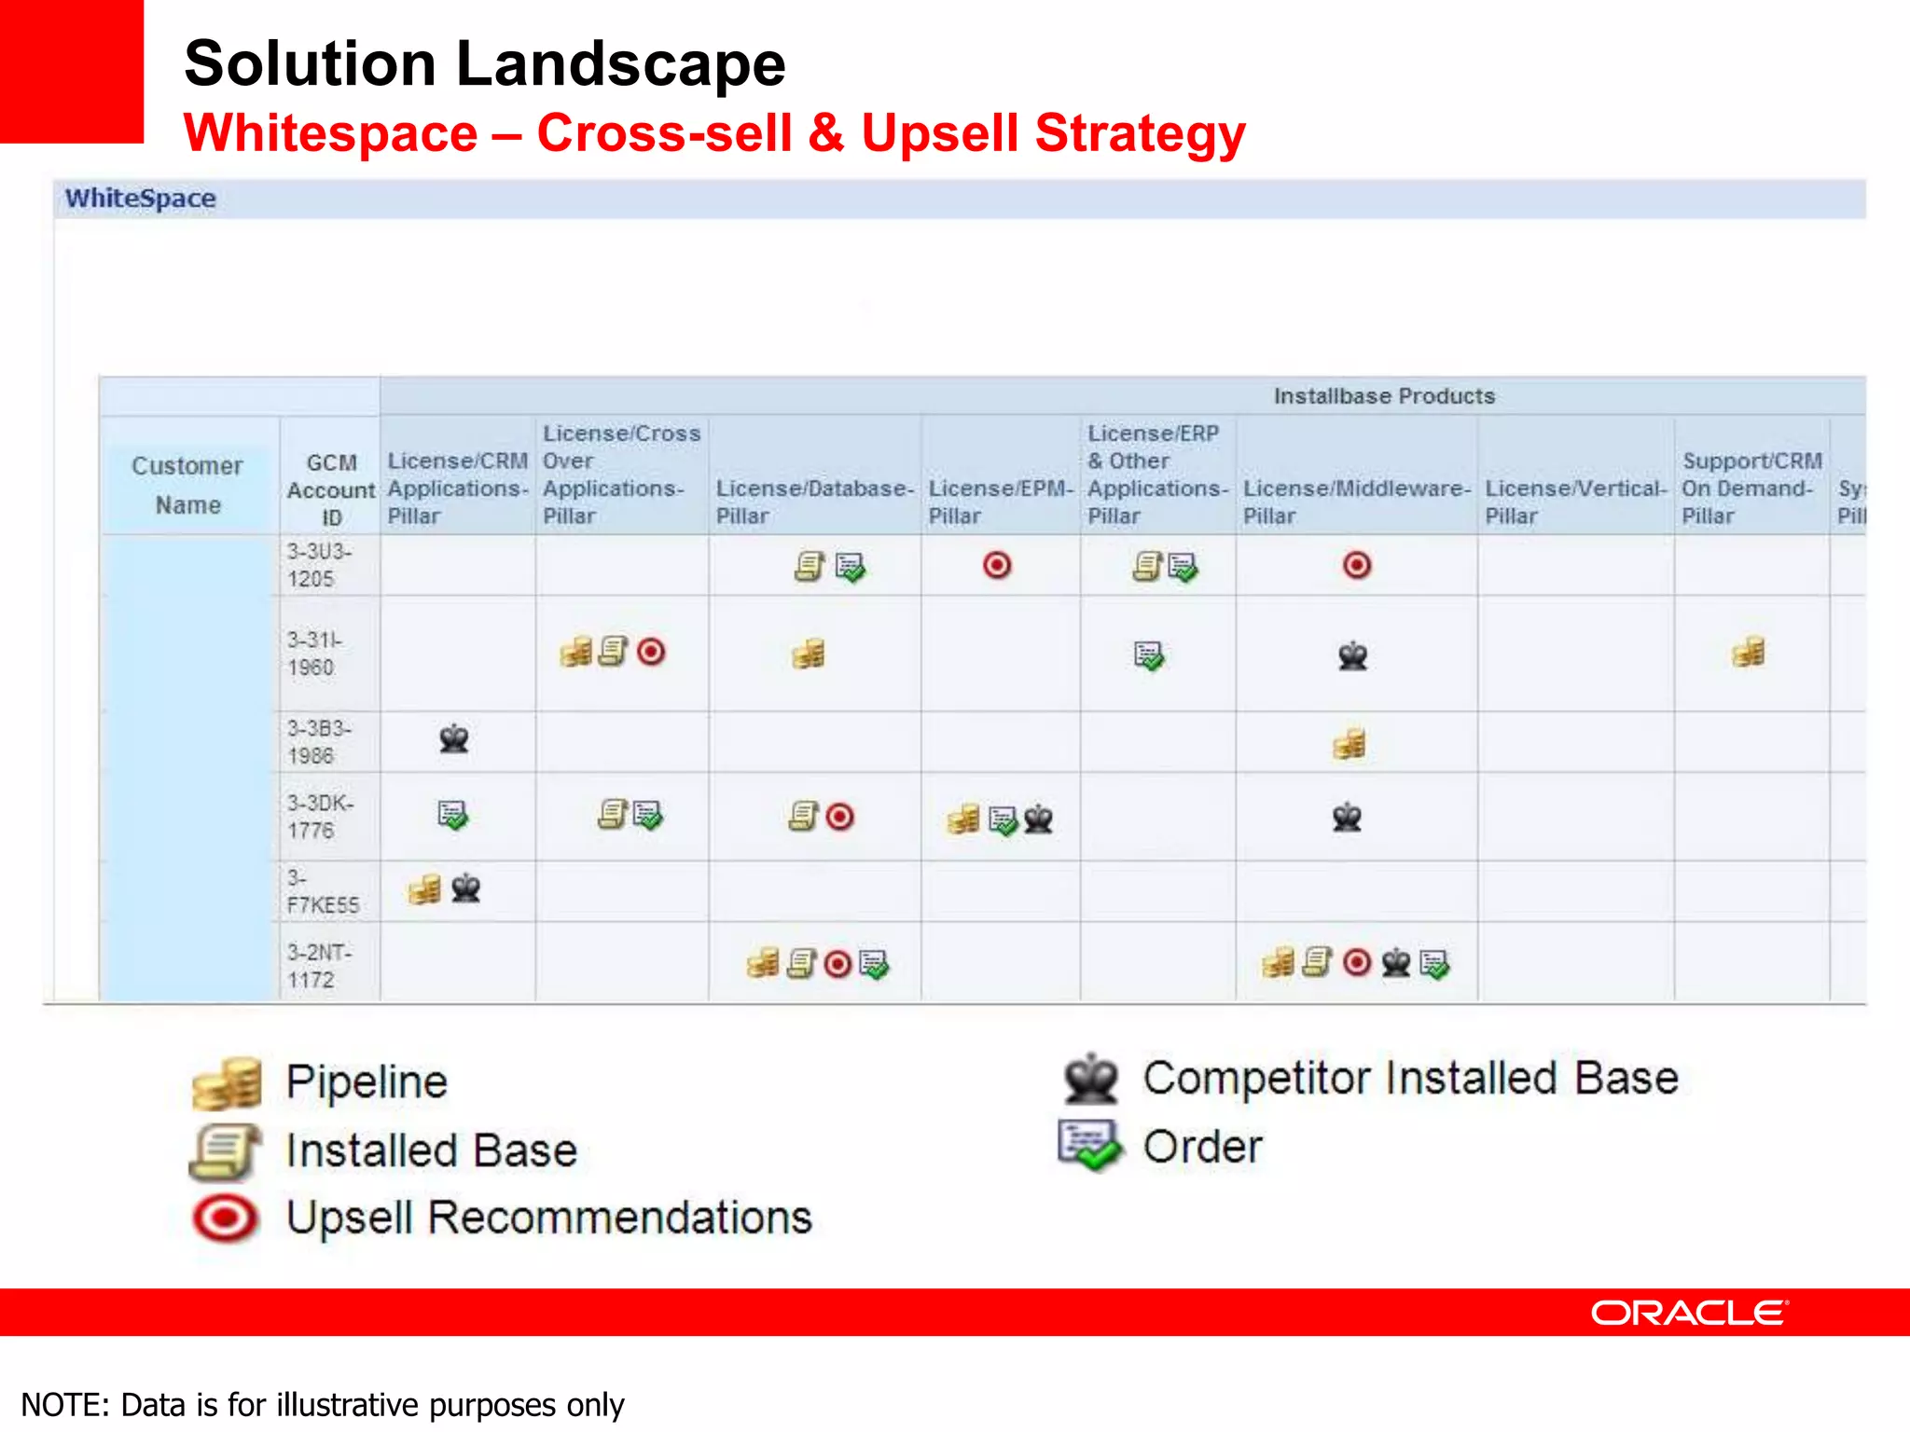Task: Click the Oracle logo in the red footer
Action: click(1689, 1313)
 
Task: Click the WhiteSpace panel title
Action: click(140, 199)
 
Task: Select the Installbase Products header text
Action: click(1384, 396)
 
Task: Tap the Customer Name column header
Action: click(187, 485)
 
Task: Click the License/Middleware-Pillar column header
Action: click(1356, 502)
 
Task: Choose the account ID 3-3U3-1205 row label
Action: click(319, 565)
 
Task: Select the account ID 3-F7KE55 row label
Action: click(322, 891)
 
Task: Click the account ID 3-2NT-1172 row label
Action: click(319, 966)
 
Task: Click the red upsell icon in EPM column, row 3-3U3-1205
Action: click(997, 565)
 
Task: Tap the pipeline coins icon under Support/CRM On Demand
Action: click(1749, 653)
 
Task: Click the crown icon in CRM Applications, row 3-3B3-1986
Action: click(454, 739)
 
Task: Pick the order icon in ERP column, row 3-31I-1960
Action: click(1149, 655)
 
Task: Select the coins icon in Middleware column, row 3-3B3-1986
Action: click(1349, 744)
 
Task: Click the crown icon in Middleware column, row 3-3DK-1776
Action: click(1347, 818)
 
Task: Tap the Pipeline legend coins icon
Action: click(227, 1083)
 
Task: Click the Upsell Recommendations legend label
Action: click(548, 1218)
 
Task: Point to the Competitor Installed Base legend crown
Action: click(1090, 1079)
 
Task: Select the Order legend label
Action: click(1202, 1147)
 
